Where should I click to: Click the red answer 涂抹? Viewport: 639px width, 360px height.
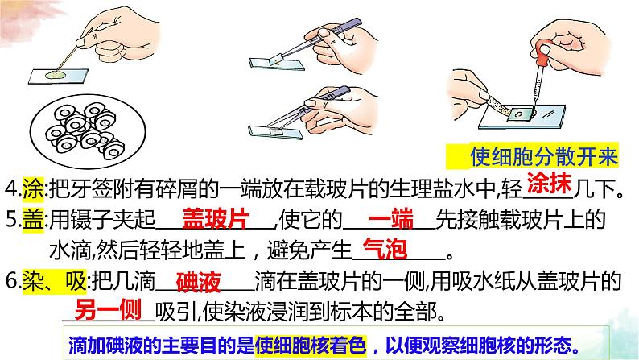pos(550,184)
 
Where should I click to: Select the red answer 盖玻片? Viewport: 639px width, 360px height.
pos(216,219)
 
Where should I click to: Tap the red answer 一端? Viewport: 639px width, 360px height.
pos(391,219)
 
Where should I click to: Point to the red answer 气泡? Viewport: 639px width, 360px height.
pos(385,249)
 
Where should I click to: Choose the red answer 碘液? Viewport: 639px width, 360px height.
pos(199,282)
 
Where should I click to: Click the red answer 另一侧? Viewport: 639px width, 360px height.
pos(108,310)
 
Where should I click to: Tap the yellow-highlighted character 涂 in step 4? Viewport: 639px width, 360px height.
pos(33,189)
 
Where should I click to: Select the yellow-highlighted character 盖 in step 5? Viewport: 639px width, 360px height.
pos(33,221)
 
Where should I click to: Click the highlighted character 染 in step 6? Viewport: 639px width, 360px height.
pos(33,281)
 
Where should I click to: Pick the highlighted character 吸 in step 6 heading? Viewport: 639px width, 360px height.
pos(76,281)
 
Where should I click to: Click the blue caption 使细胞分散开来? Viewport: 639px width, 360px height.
pos(544,156)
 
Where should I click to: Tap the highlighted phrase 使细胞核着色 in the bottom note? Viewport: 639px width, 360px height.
pos(311,346)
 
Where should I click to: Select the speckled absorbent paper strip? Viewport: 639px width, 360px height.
pos(497,106)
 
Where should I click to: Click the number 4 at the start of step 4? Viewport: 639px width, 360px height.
pos(10,189)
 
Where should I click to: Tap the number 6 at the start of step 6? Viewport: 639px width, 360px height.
pos(11,282)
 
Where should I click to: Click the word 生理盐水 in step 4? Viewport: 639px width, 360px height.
pos(432,189)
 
